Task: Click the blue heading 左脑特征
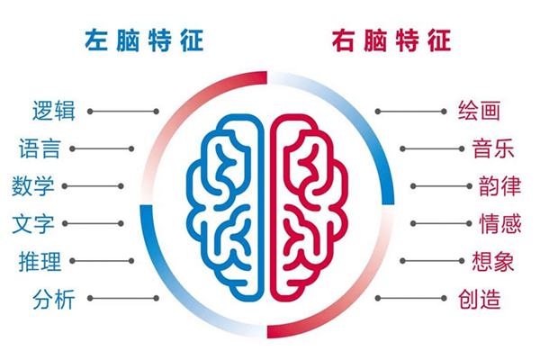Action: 144,40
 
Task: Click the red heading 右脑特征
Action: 391,40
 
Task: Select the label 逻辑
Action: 54,111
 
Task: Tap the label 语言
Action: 40,148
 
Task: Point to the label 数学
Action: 33,186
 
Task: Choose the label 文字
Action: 33,223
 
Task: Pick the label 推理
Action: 40,261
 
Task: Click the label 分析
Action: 54,298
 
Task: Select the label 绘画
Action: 479,111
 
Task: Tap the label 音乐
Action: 493,148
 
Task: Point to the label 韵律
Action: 499,186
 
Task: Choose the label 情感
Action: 499,223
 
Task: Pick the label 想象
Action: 493,261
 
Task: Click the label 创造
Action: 479,298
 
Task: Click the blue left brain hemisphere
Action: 259,207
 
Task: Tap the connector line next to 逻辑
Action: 123,112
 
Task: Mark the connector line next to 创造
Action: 411,298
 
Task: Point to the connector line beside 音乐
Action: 432,148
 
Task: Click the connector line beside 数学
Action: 93,186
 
